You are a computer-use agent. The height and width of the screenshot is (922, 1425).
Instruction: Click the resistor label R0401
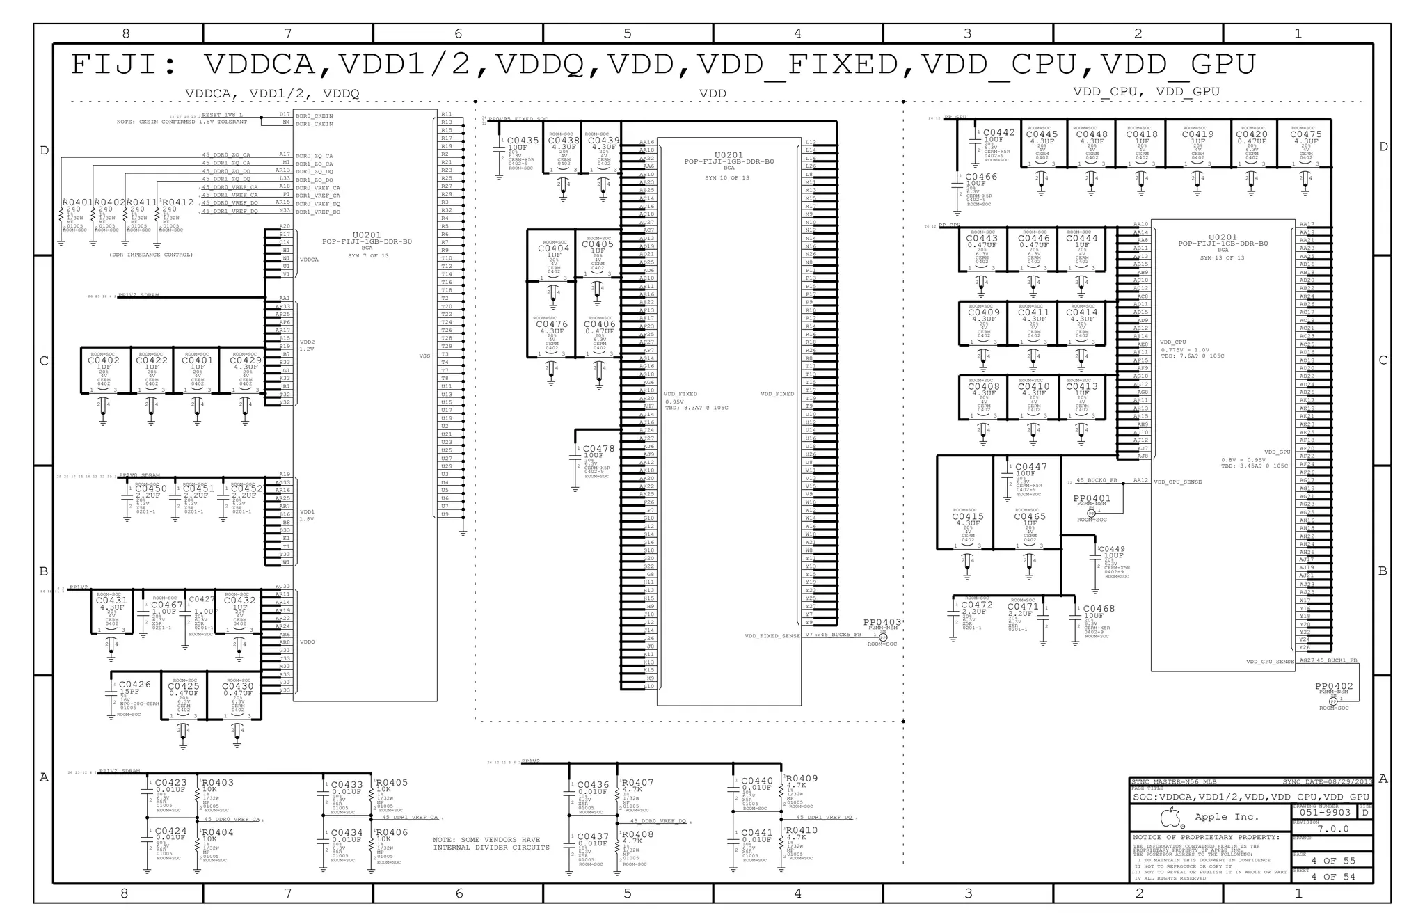click(x=77, y=202)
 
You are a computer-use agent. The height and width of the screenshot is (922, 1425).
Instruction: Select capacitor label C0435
click(x=523, y=141)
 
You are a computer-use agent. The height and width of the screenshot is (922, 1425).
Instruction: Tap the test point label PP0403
click(x=882, y=622)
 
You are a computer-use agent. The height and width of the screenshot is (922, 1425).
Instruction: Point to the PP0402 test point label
click(x=1334, y=686)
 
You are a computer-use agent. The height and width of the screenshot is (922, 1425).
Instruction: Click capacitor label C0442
click(x=998, y=132)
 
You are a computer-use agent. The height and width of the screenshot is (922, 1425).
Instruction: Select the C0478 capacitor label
click(x=598, y=449)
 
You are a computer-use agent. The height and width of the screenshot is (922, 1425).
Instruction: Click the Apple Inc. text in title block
click(x=1227, y=817)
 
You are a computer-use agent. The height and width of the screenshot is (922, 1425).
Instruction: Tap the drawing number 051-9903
click(x=1325, y=812)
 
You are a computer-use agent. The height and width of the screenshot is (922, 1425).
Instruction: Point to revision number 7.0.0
click(x=1332, y=829)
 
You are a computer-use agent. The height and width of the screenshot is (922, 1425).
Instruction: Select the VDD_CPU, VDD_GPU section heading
click(x=1145, y=91)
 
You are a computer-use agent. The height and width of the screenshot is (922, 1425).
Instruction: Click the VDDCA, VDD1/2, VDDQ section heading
click(x=272, y=93)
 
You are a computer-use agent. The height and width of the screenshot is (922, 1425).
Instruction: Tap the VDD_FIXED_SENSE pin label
click(x=772, y=635)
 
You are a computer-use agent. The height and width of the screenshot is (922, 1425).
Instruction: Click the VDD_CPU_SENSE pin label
click(x=1177, y=482)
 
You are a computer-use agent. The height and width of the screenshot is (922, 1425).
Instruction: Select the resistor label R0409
click(x=802, y=778)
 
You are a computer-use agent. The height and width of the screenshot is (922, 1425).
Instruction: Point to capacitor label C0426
click(x=134, y=685)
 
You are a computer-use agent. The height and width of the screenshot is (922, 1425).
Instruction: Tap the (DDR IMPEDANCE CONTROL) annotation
click(x=150, y=255)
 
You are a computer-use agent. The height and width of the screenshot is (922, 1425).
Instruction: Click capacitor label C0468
click(x=1099, y=608)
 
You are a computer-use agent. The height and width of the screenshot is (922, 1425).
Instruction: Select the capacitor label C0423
click(x=170, y=782)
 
